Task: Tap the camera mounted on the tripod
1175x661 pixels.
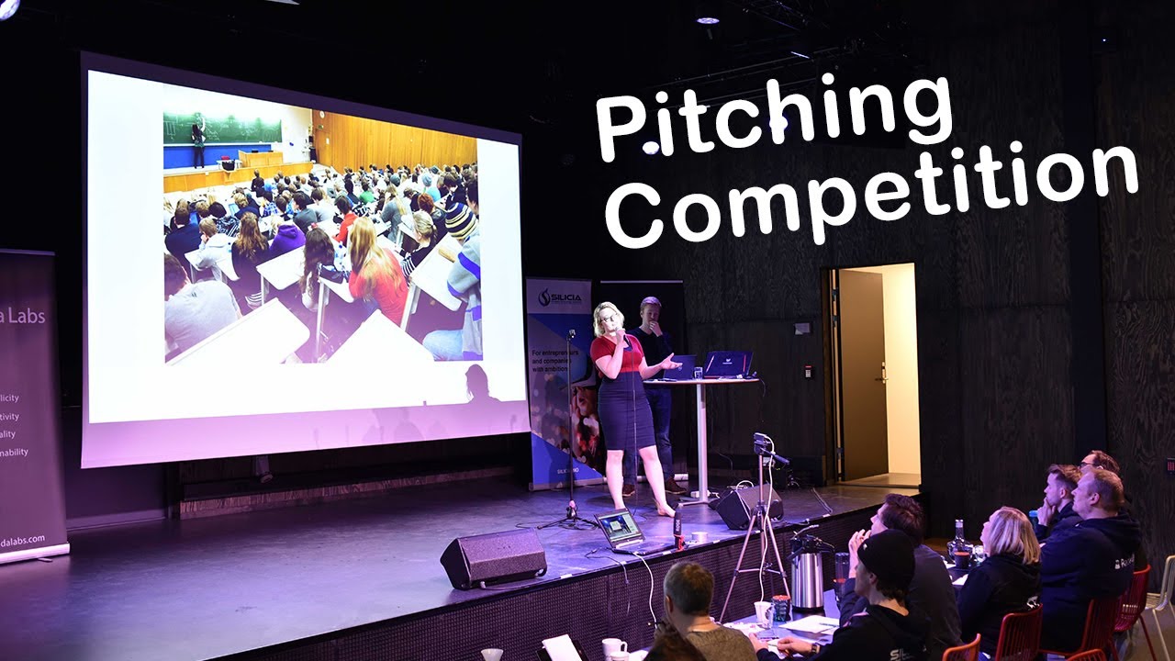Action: pos(763,447)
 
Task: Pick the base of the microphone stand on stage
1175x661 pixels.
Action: pos(568,521)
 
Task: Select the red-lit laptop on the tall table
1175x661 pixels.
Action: pos(728,364)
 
